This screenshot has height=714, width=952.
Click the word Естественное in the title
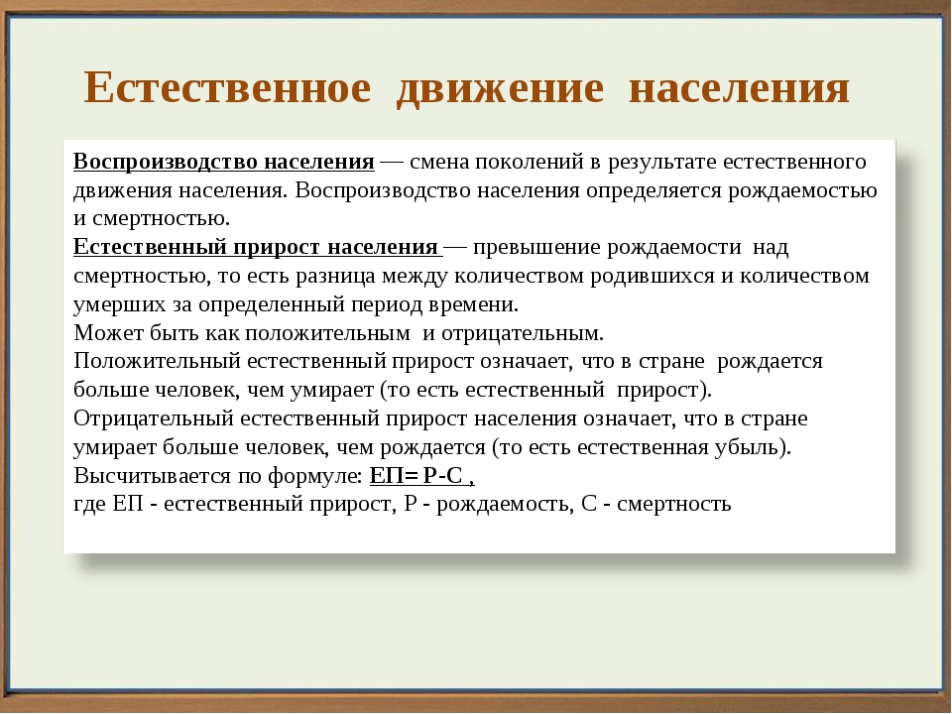[x=227, y=87]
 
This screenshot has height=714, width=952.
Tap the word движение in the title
[x=500, y=88]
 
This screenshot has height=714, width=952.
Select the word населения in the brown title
[x=739, y=88]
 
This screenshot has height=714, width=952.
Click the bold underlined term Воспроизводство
[x=166, y=162]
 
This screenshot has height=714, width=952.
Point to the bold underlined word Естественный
[x=150, y=248]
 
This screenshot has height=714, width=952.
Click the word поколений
[x=530, y=162]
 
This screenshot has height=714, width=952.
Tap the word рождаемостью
[x=802, y=191]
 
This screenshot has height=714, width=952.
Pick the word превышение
[x=536, y=248]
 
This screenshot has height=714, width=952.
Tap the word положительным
[x=328, y=334]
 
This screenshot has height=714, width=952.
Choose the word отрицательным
[x=523, y=334]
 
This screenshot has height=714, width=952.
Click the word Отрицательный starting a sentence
[x=154, y=419]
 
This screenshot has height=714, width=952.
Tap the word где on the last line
[x=90, y=505]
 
